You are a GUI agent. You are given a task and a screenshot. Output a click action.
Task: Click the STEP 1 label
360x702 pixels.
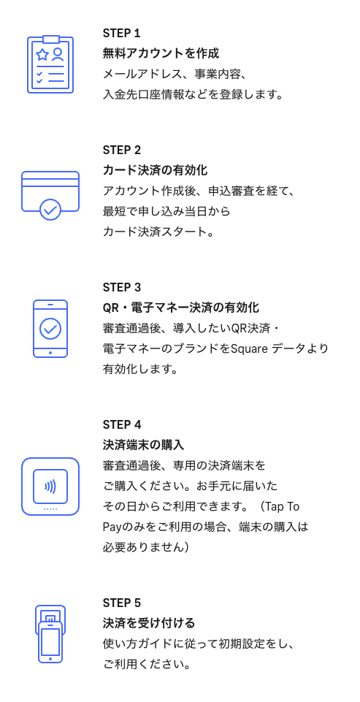(121, 33)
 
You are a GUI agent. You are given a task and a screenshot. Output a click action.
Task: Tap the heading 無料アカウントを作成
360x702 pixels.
(161, 54)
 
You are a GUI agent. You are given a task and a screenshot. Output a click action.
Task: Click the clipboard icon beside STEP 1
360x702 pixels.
(50, 64)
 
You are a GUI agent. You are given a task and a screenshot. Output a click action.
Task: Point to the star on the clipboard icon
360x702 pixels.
(42, 55)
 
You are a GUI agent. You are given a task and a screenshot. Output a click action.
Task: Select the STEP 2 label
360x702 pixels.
(122, 150)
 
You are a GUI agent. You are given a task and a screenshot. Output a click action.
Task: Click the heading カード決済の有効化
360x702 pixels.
(156, 170)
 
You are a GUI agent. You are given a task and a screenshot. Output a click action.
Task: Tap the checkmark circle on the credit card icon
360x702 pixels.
(50, 209)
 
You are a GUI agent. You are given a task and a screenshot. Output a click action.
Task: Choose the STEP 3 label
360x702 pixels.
(122, 287)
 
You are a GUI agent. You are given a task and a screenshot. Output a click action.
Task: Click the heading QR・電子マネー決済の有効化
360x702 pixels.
(181, 308)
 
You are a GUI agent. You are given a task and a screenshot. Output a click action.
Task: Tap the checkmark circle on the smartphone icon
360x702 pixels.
(50, 329)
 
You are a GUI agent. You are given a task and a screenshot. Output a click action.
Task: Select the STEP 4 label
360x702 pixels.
(122, 424)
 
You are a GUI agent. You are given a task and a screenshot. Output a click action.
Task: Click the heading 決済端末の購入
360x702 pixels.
(144, 445)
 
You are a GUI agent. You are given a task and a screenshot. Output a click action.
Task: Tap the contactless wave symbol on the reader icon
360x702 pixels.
(50, 487)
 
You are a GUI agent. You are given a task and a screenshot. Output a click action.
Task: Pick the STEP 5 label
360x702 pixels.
(122, 603)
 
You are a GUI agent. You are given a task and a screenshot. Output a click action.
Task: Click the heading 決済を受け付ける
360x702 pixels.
(149, 623)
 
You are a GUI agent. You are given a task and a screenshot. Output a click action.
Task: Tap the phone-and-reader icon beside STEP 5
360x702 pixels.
(50, 633)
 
